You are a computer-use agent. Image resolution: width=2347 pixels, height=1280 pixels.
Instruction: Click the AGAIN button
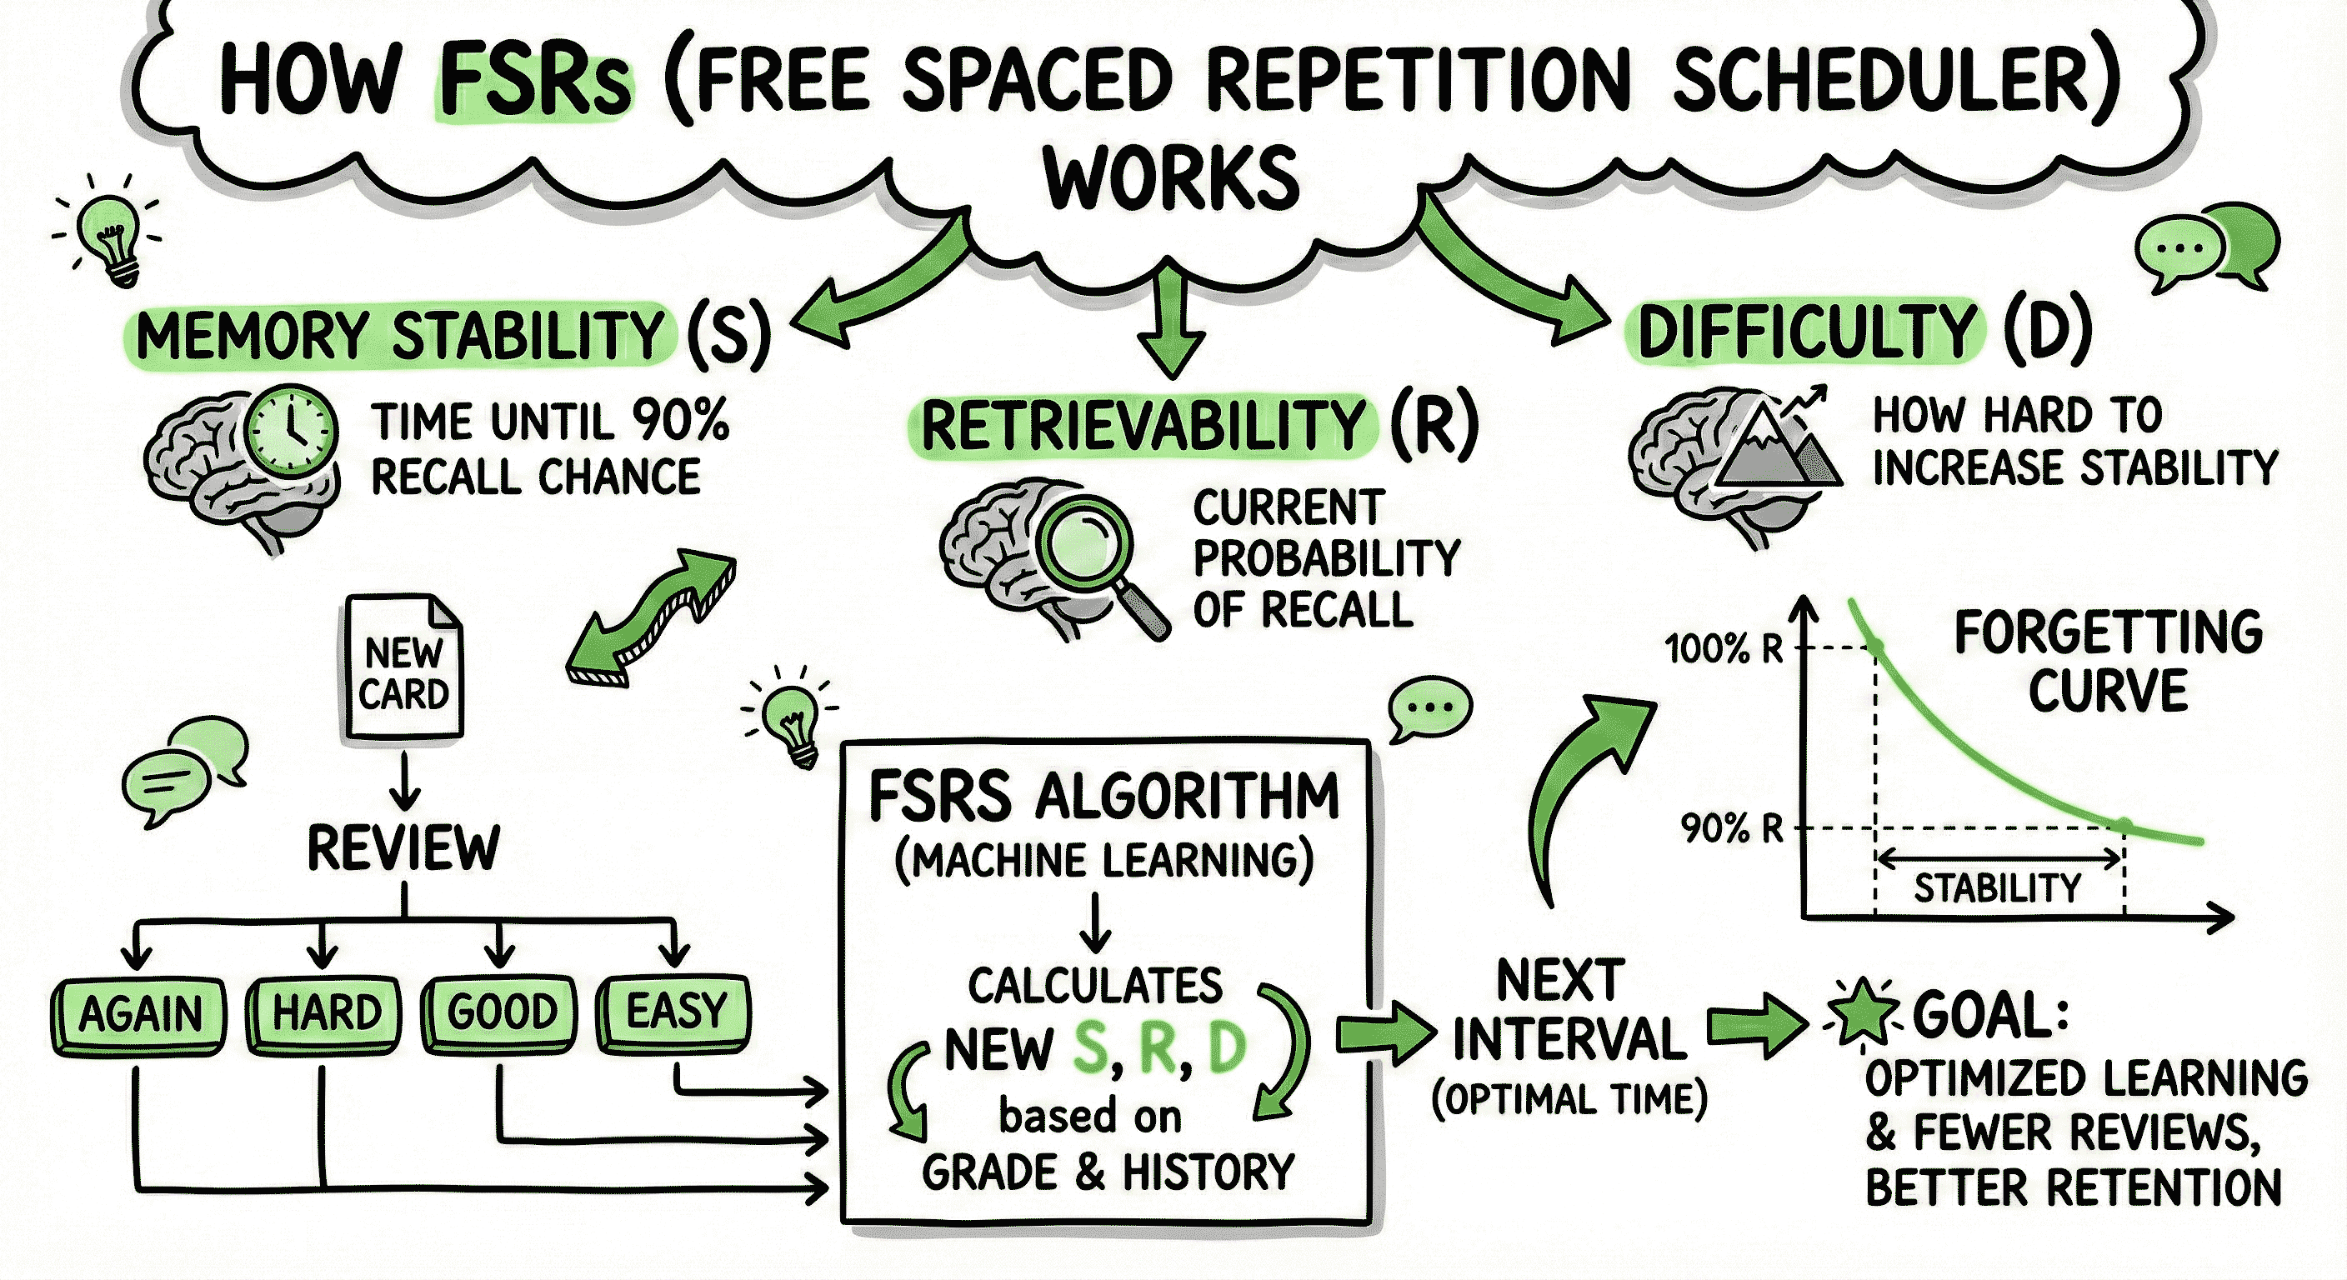coord(138,1015)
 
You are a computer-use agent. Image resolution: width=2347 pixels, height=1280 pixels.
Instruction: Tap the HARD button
coord(325,1013)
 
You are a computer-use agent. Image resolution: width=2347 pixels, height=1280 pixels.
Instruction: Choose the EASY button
coord(675,1010)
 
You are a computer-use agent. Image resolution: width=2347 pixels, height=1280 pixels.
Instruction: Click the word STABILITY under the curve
coord(1997,888)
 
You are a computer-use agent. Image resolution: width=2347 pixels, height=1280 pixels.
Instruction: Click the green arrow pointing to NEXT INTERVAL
coord(1382,1034)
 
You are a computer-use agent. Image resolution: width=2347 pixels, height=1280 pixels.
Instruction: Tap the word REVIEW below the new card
coord(403,848)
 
